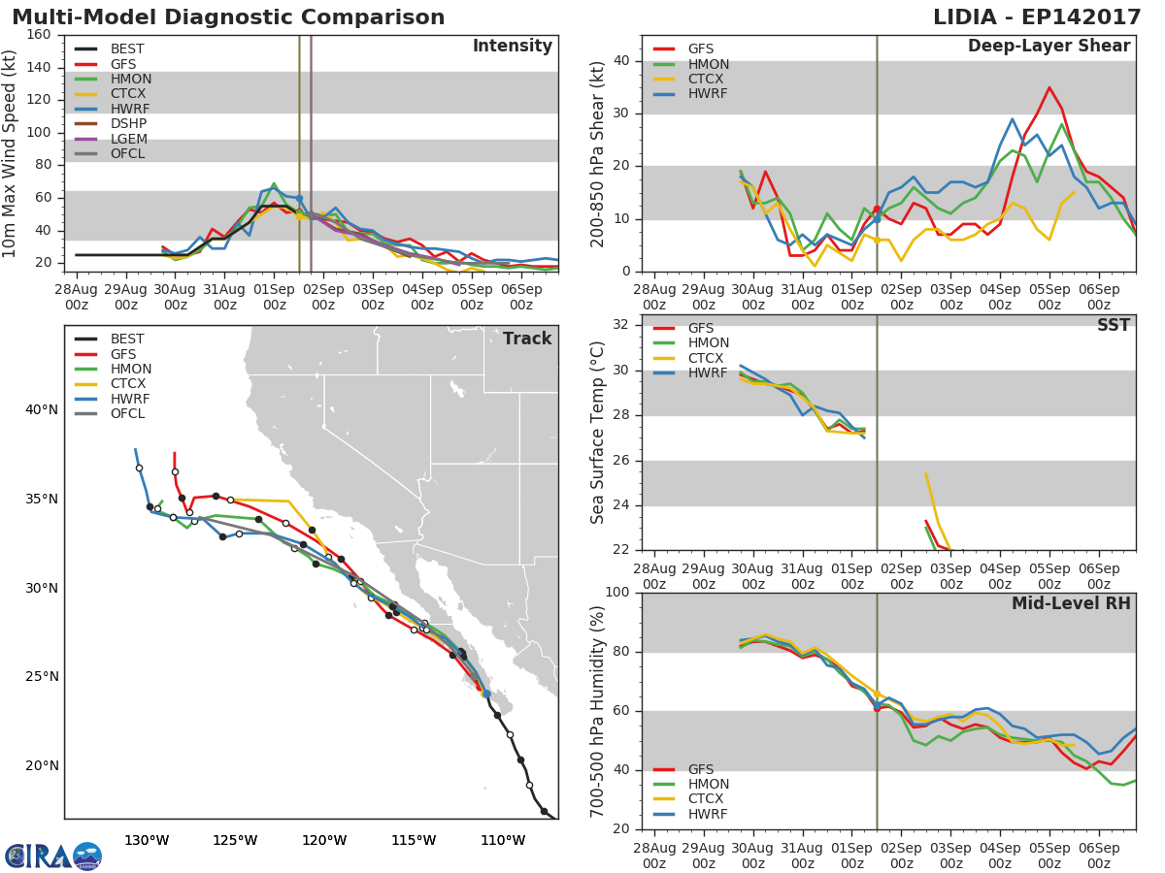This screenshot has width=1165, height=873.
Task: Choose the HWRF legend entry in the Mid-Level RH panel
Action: click(x=708, y=815)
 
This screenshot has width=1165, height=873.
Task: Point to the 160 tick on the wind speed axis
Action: click(x=39, y=35)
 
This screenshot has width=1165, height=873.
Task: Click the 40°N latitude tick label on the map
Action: click(x=42, y=410)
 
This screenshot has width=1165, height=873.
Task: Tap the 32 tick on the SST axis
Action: click(x=621, y=325)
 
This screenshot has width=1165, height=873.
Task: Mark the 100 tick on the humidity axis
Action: click(x=617, y=593)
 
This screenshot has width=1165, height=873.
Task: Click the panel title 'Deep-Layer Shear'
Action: click(x=1048, y=47)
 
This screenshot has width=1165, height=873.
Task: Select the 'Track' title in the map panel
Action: click(x=527, y=339)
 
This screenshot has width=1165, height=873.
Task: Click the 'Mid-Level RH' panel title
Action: click(x=1071, y=603)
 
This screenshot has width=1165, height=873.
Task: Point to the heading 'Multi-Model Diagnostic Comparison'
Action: click(x=228, y=17)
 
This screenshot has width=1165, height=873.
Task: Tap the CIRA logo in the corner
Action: click(x=52, y=856)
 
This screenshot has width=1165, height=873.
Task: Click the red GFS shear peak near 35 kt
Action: click(x=1048, y=87)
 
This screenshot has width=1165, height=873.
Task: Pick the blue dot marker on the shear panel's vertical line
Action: click(x=877, y=219)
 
